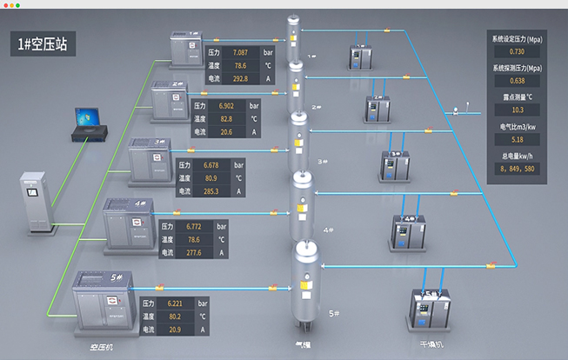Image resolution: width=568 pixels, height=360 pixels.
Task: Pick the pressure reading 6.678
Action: pyautogui.click(x=210, y=164)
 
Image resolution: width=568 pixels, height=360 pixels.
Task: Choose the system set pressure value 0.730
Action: pyautogui.click(x=517, y=53)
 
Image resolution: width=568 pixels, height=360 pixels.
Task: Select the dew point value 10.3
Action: pyautogui.click(x=517, y=110)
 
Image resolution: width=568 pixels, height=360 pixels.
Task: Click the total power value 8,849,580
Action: pyautogui.click(x=517, y=169)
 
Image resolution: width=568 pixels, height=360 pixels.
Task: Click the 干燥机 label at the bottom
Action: pyautogui.click(x=432, y=345)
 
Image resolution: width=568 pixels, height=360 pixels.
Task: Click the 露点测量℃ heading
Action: pyautogui.click(x=517, y=96)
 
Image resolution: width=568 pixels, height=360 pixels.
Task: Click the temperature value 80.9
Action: pyautogui.click(x=210, y=177)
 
